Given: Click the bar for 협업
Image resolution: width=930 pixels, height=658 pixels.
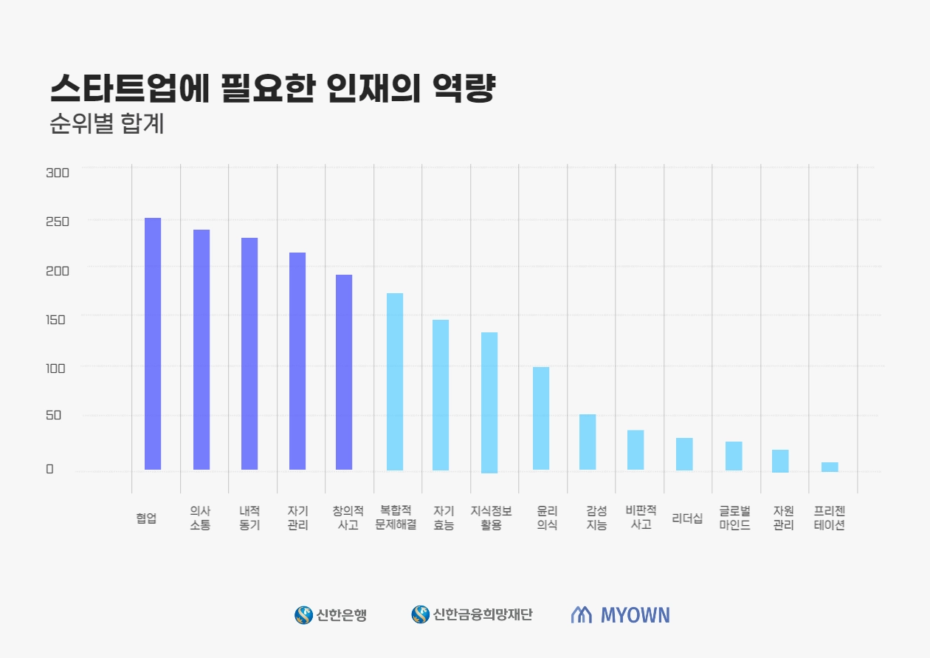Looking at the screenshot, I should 153,343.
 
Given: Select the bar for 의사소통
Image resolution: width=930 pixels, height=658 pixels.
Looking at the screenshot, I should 201,349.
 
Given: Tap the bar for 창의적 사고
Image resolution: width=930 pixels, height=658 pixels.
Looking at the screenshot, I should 344,372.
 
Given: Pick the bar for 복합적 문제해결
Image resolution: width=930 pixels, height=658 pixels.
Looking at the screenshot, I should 395,381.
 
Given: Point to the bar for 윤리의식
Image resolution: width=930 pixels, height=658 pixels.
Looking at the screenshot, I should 541,418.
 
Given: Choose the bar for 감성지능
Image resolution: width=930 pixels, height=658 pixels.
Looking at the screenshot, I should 588,442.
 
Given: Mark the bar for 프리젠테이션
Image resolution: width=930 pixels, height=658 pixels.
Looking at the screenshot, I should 830,467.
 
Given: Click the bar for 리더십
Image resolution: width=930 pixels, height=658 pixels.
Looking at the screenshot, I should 684,453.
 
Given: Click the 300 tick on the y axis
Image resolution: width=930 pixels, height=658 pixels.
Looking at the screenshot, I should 58,173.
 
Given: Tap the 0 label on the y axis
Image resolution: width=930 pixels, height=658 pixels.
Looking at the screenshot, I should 50,469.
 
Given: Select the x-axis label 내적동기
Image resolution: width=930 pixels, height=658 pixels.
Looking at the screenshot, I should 249,518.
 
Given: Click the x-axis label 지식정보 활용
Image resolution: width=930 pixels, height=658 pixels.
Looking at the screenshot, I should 491,518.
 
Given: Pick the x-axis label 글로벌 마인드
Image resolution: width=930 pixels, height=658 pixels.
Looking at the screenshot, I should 734,518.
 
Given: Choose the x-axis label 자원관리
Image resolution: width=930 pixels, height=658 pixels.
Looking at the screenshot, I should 783,518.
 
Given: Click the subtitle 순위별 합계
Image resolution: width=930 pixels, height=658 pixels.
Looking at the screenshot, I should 107,123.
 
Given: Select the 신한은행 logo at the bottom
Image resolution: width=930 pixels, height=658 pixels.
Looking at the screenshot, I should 331,614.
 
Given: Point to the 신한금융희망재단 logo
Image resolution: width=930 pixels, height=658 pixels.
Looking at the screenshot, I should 472,614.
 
